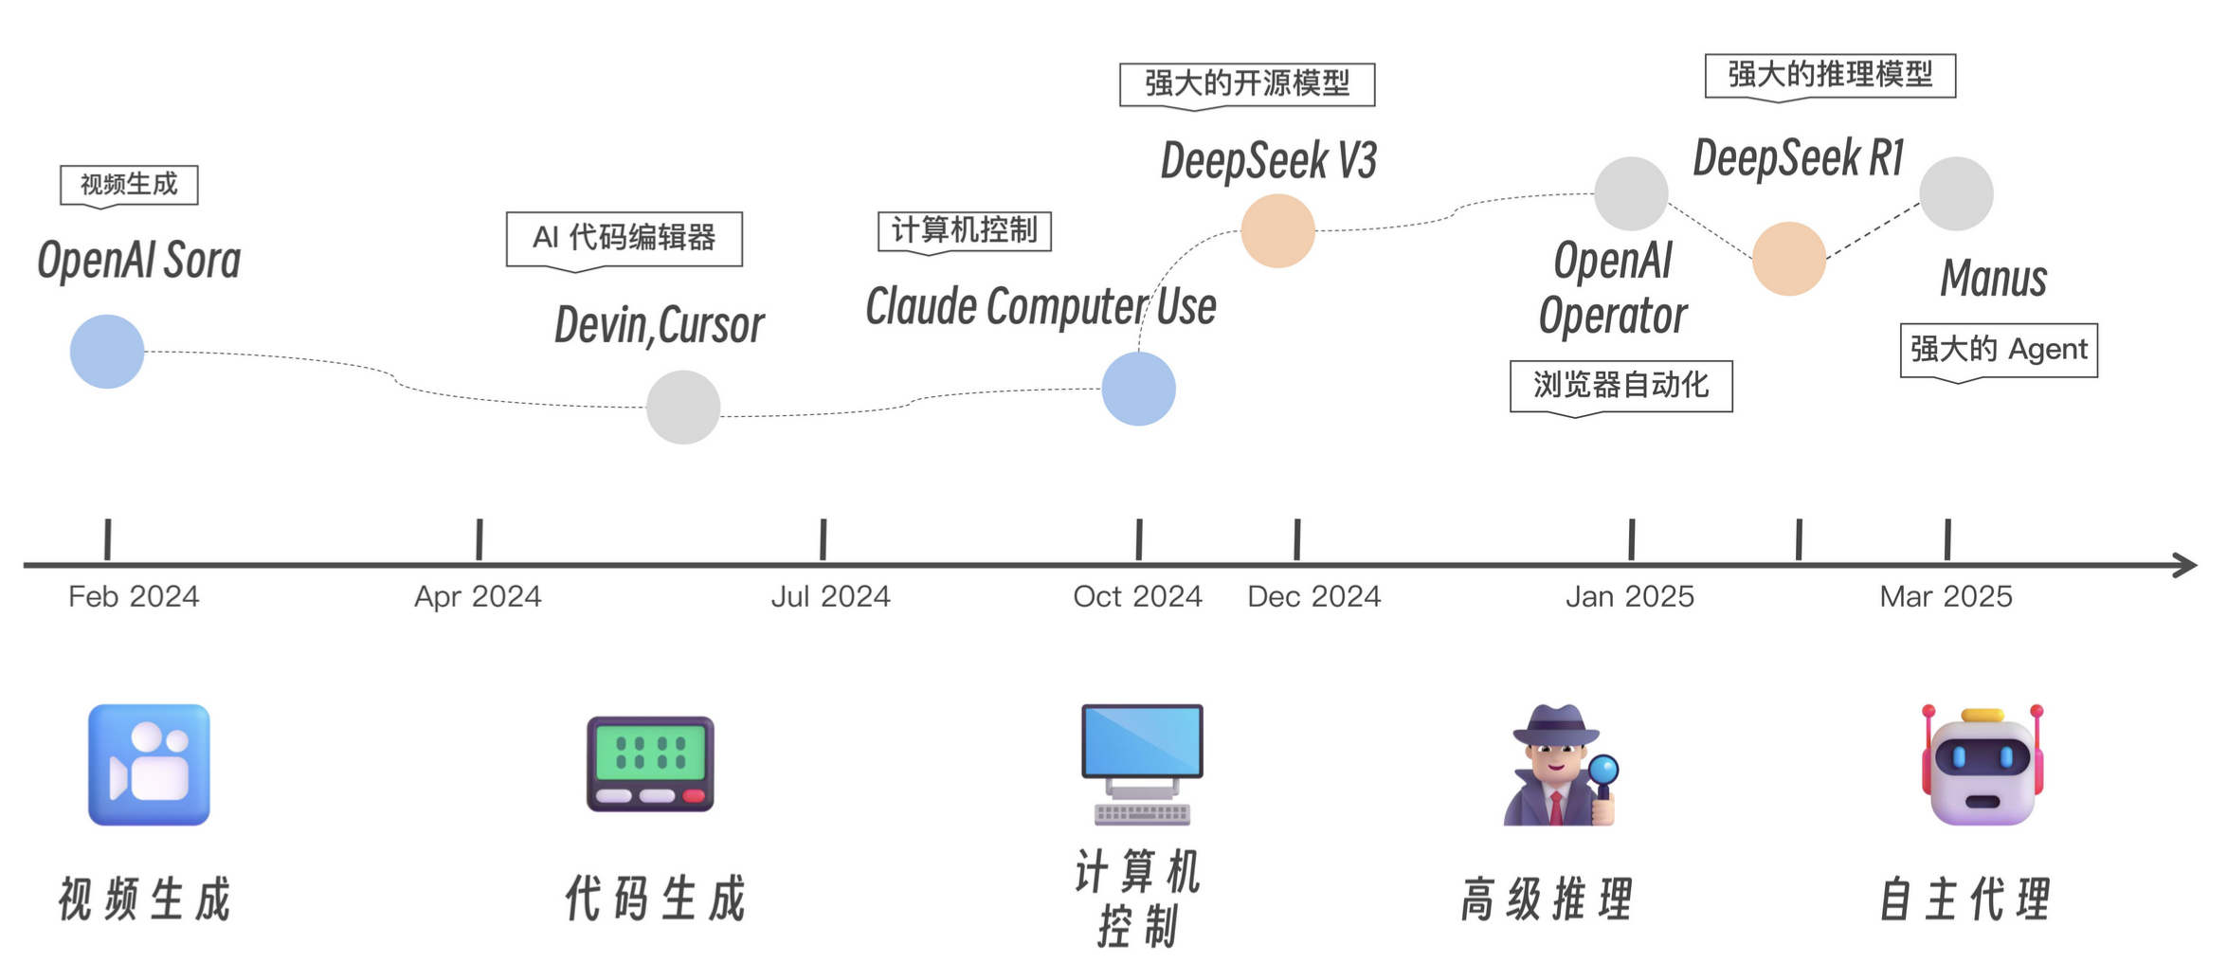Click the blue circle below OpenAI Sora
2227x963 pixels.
coord(107,352)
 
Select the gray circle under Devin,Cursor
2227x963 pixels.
coord(683,407)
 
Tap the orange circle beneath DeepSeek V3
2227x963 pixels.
coord(1277,230)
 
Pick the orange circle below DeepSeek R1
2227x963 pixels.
coord(1788,259)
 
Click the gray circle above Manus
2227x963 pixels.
coord(1956,193)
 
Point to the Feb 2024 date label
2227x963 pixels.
coord(134,596)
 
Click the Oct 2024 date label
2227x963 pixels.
coord(1137,596)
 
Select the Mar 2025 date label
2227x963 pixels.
coord(1946,596)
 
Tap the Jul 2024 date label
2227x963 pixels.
coord(830,596)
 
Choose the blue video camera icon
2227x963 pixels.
coord(149,764)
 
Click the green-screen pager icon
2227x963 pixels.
coord(650,764)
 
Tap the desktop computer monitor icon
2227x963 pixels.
coord(1142,763)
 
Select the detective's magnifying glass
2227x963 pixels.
coord(1603,770)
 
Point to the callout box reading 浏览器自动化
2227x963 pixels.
coord(1620,386)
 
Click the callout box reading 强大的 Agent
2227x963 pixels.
coord(1999,350)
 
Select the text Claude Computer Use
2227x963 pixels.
coord(1041,307)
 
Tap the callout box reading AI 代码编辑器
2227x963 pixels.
coord(624,238)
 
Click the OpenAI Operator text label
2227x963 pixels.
coord(1613,288)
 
